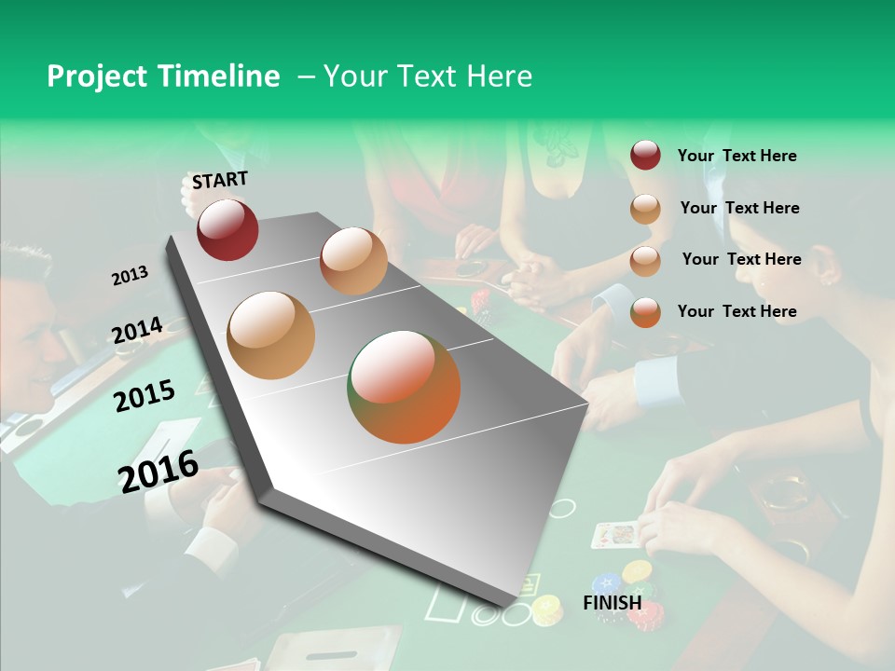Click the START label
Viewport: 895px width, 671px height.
click(220, 180)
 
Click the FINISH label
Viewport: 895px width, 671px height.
click(613, 603)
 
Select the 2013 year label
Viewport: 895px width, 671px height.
click(131, 275)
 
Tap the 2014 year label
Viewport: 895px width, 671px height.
click(138, 330)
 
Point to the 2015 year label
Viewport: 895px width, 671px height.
click(145, 396)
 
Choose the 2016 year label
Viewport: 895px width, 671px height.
click(158, 471)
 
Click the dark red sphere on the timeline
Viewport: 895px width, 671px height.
click(227, 229)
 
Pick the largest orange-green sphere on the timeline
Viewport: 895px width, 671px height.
click(404, 387)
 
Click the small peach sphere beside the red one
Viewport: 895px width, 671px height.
click(353, 261)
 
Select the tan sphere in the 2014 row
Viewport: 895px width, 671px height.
click(271, 335)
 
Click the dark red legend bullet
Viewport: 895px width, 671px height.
click(645, 156)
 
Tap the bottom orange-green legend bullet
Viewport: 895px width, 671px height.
click(645, 312)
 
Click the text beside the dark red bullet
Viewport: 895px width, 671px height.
click(737, 156)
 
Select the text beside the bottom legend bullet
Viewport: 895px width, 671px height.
click(737, 311)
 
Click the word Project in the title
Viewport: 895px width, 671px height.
click(97, 77)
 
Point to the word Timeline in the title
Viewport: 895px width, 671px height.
click(219, 76)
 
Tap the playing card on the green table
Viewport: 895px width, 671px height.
click(615, 535)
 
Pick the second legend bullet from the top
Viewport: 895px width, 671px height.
click(645, 209)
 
